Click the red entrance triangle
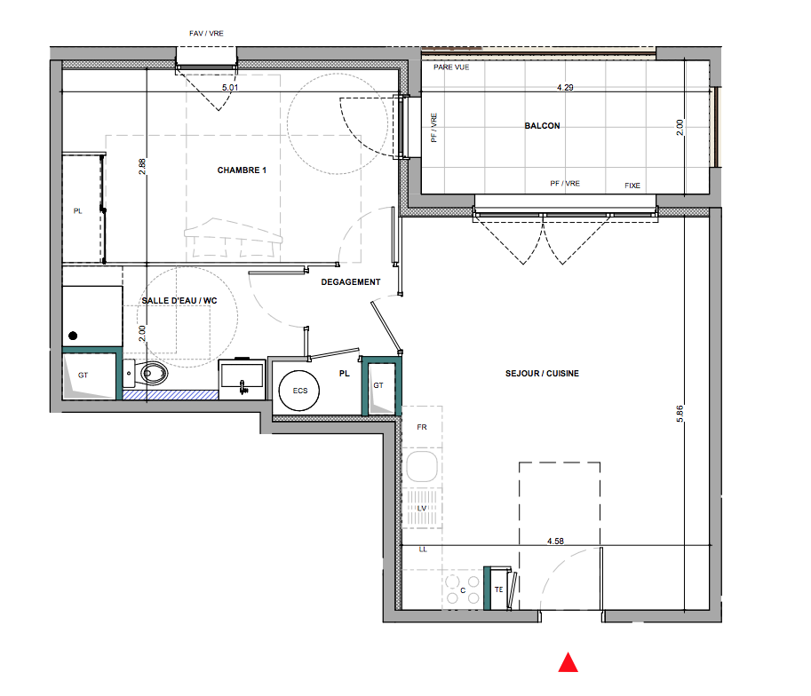tap(568, 663)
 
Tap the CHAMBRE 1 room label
tap(242, 170)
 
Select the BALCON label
tap(542, 126)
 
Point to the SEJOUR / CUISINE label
tap(542, 374)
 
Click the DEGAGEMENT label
tap(351, 281)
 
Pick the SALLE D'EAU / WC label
tap(179, 300)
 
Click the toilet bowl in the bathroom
tap(153, 373)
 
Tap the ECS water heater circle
tap(299, 391)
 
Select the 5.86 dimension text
tap(680, 413)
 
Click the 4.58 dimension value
tap(555, 541)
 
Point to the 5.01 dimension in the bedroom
tap(230, 87)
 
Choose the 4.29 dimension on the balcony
tap(565, 87)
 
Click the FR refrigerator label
tap(422, 427)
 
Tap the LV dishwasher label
tap(422, 509)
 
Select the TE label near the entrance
tap(498, 589)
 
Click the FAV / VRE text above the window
tap(206, 33)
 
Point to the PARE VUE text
tap(451, 67)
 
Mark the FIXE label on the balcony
tap(632, 186)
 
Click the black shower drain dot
tap(73, 336)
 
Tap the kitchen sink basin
tap(422, 466)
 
